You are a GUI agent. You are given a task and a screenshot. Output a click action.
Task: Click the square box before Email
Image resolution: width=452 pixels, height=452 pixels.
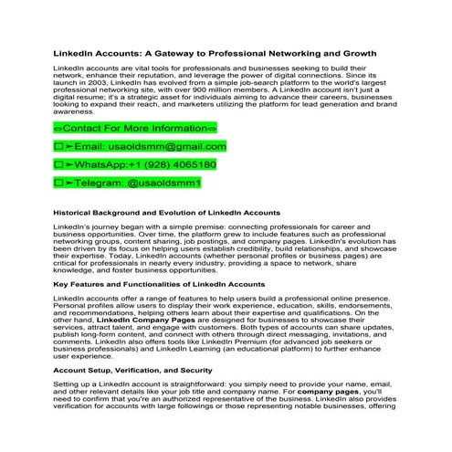[x=58, y=145]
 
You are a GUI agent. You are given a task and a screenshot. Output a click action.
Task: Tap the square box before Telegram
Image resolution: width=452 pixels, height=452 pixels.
[x=58, y=184]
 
